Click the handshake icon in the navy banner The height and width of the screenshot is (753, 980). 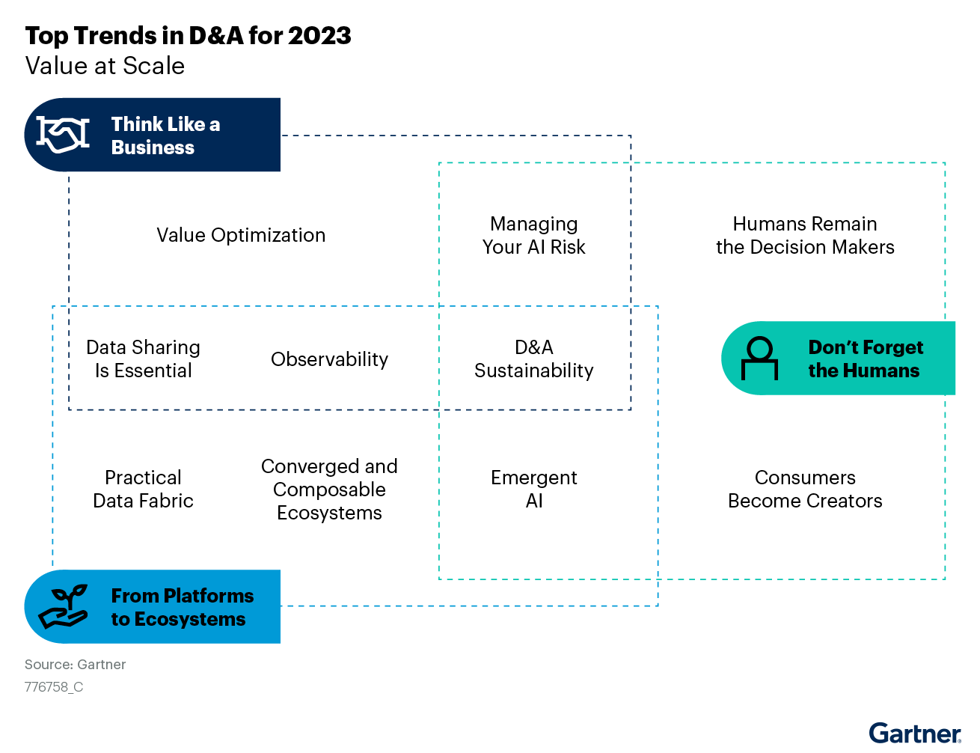pyautogui.click(x=63, y=135)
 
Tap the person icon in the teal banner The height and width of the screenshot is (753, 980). pyautogui.click(x=759, y=359)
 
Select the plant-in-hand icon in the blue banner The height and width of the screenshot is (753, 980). pyautogui.click(x=63, y=606)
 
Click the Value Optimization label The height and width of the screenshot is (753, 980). pyautogui.click(x=241, y=235)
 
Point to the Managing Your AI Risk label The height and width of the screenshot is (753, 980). pyautogui.click(x=533, y=236)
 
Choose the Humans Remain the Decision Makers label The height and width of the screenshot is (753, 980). pyautogui.click(x=805, y=236)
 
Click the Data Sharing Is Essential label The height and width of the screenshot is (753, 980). pyautogui.click(x=144, y=359)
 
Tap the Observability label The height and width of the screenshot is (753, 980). pyautogui.click(x=329, y=359)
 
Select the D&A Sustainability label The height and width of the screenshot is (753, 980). pyautogui.click(x=533, y=359)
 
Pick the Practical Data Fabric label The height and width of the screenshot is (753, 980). pyautogui.click(x=144, y=489)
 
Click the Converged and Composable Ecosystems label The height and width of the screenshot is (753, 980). pyautogui.click(x=329, y=490)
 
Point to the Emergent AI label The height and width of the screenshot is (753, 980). pyautogui.click(x=533, y=489)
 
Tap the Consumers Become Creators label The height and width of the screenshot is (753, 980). pyautogui.click(x=805, y=489)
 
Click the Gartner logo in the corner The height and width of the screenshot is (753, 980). pyautogui.click(x=915, y=733)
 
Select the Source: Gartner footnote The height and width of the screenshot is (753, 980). pyautogui.click(x=75, y=665)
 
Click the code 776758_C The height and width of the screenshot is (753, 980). pyautogui.click(x=54, y=687)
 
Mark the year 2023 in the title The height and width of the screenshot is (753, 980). pyautogui.click(x=319, y=36)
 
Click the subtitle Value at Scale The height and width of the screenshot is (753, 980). pyautogui.click(x=105, y=66)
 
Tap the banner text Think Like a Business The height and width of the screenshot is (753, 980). pyautogui.click(x=165, y=135)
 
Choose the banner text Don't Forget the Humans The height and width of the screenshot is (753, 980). pyautogui.click(x=866, y=359)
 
